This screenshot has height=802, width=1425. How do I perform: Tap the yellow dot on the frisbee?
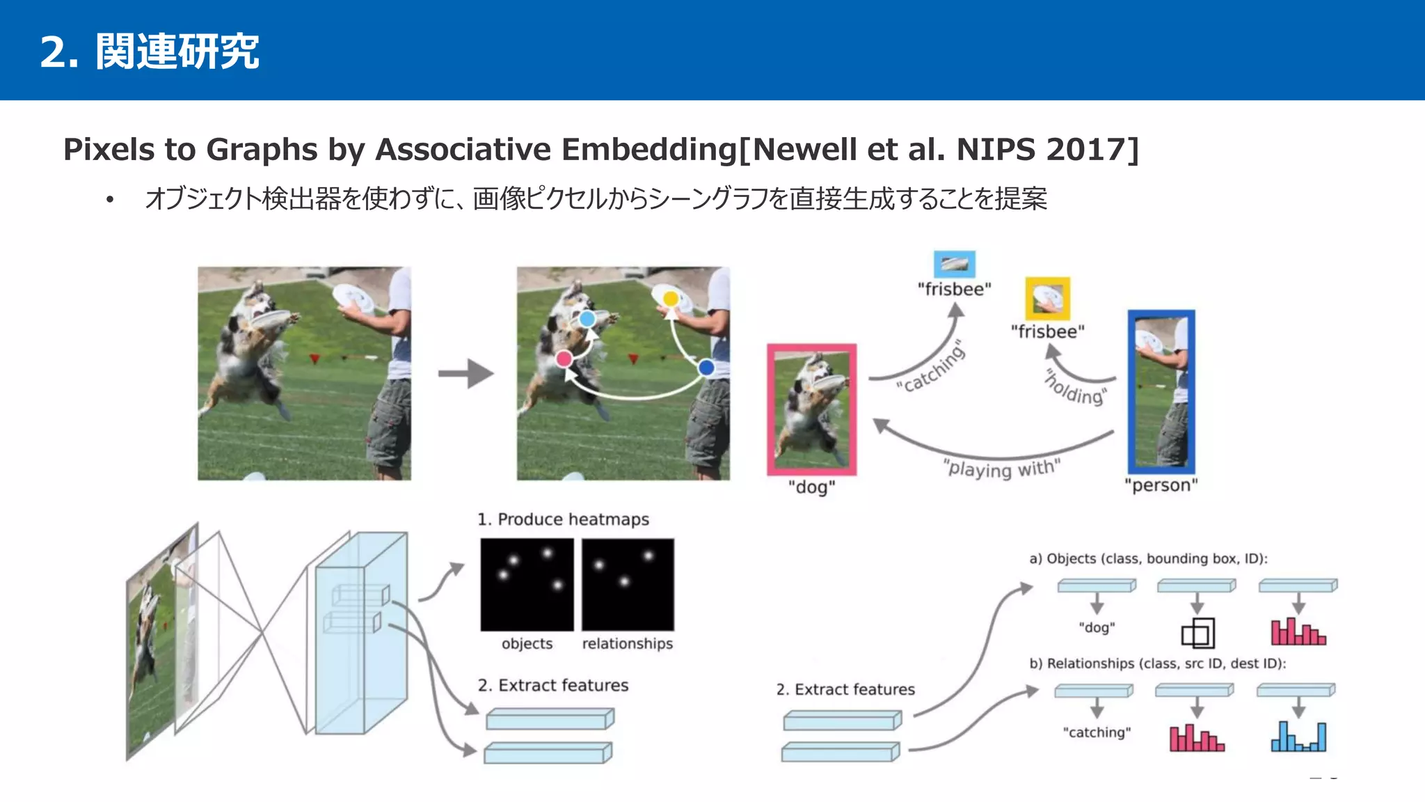tap(670, 299)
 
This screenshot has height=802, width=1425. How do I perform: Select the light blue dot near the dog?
tap(587, 319)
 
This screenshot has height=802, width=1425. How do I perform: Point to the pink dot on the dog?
tap(564, 359)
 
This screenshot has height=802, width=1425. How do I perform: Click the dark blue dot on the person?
tap(706, 367)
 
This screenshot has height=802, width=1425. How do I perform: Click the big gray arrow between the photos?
tap(466, 373)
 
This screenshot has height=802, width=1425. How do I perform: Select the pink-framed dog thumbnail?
tap(811, 409)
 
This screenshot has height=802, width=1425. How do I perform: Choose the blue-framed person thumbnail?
tap(1161, 392)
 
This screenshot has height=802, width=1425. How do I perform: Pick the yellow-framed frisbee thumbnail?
tap(1047, 299)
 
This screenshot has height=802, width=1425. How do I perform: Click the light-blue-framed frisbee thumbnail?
tap(954, 264)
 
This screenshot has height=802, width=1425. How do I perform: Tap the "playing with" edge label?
tap(1001, 468)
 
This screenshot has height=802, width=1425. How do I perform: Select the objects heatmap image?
tap(527, 584)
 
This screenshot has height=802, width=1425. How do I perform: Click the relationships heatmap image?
tap(628, 584)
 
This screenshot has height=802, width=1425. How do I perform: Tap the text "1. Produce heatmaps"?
tap(563, 519)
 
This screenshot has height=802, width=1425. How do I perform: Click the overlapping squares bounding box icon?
tap(1197, 634)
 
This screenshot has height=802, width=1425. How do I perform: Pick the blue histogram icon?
tap(1298, 737)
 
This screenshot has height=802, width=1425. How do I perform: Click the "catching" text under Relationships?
tap(1097, 732)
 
